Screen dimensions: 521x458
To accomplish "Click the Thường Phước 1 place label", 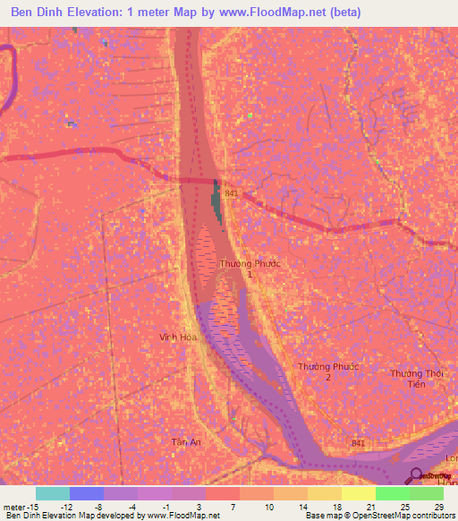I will click(242, 269).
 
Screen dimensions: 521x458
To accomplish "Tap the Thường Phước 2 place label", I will click(327, 372).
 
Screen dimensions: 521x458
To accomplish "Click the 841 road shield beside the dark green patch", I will click(233, 193).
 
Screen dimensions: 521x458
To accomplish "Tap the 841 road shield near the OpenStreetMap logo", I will click(358, 443).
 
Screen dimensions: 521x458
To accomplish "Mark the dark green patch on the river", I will click(216, 198).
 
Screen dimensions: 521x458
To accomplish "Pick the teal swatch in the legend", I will click(52, 493).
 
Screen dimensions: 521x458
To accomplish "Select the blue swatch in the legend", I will click(86, 493).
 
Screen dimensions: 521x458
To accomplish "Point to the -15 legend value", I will click(22, 507).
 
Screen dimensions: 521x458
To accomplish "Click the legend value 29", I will click(438, 507).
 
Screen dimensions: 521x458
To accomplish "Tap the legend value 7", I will click(233, 507).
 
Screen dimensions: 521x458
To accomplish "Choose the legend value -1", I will click(165, 507).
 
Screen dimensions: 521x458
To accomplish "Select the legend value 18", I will click(335, 507).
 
